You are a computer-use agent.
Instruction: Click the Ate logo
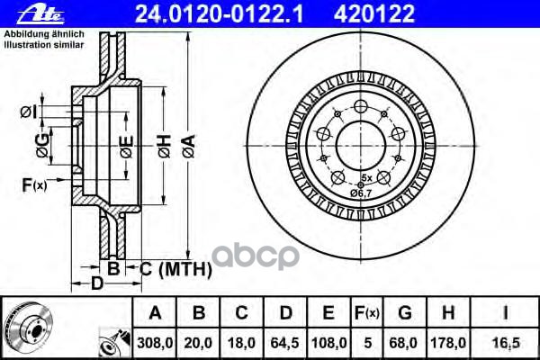click(x=24, y=13)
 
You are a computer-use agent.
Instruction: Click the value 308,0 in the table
click(x=156, y=342)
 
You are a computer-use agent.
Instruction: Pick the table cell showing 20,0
click(x=199, y=342)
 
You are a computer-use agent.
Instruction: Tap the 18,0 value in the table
click(x=241, y=342)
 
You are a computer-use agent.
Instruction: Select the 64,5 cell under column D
click(x=285, y=342)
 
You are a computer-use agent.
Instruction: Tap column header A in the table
click(x=156, y=313)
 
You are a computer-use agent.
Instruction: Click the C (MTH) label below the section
click(x=175, y=268)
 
